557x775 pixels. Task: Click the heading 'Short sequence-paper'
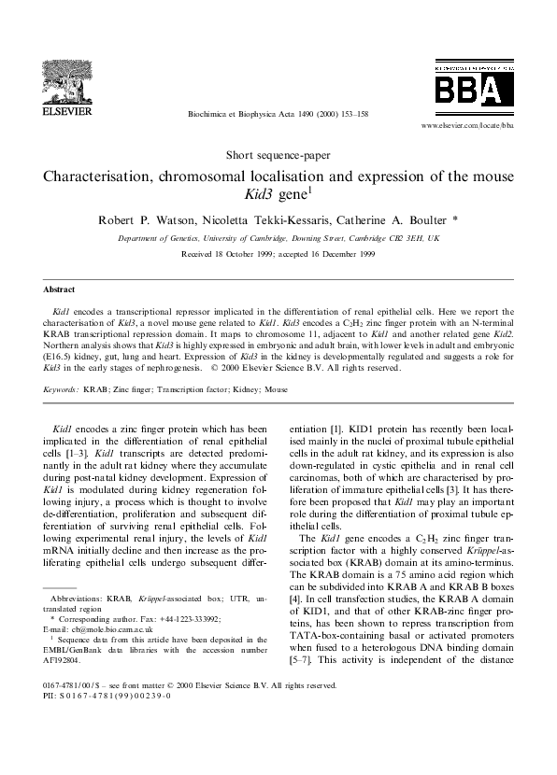[278, 154]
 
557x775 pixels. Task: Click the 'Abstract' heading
[62, 289]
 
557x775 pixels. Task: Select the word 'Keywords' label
[61, 387]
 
